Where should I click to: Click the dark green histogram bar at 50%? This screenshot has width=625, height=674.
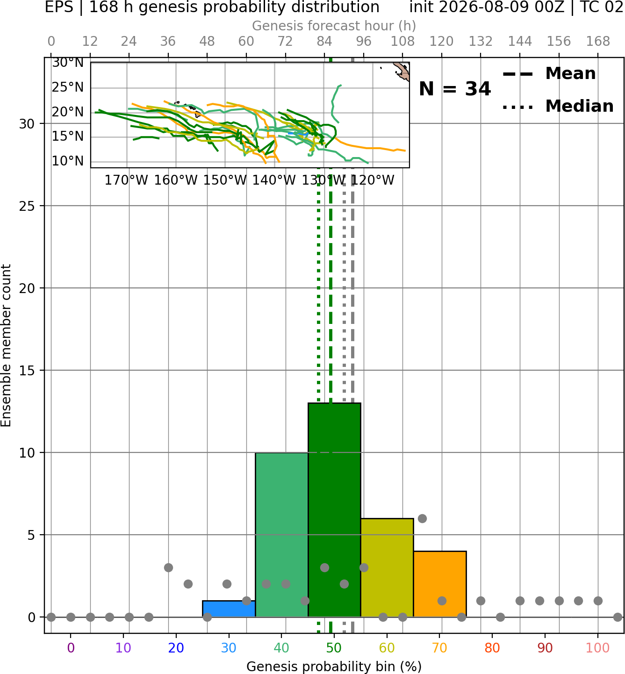click(x=334, y=510)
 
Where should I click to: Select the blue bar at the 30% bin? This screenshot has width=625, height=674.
click(x=229, y=609)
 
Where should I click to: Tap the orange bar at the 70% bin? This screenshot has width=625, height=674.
click(x=440, y=584)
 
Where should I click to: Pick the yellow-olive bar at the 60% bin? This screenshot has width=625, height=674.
click(x=387, y=568)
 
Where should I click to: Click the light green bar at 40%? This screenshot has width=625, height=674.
click(x=282, y=535)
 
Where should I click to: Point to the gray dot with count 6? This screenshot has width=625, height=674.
click(x=422, y=518)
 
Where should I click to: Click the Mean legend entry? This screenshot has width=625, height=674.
click(x=549, y=74)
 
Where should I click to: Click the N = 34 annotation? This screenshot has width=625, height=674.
click(x=455, y=89)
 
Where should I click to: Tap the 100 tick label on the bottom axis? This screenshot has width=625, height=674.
click(x=598, y=648)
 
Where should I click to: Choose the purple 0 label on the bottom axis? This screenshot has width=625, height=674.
click(x=71, y=648)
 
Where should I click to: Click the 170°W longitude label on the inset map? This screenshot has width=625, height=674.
click(x=126, y=180)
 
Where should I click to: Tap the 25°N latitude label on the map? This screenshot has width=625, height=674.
click(x=68, y=87)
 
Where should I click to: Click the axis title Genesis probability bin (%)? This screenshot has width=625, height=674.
click(x=334, y=667)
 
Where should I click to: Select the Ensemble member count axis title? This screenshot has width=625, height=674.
click(x=6, y=345)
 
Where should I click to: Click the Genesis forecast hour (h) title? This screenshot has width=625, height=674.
click(x=334, y=26)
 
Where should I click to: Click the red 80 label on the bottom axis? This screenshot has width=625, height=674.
click(x=492, y=648)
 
